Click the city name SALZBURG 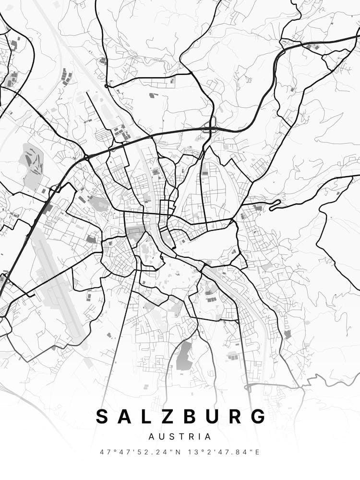pos(180,416)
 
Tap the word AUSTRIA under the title pos(180,437)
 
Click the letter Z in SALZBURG pos(157,416)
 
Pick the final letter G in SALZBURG pos(258,416)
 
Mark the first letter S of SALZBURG pos(102,416)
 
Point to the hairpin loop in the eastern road pos(275,207)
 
